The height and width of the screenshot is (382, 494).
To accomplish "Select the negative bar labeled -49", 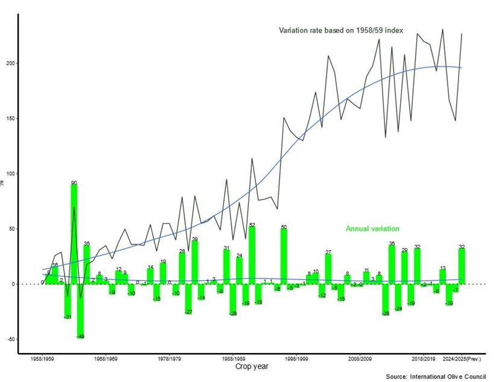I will [x=80, y=310].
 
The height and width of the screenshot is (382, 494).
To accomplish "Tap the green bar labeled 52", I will [x=252, y=255].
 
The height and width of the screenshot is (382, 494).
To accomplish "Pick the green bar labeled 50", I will [x=284, y=256].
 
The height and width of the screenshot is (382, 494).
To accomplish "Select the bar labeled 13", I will [x=443, y=277].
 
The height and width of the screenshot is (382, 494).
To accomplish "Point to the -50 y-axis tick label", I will [x=10, y=339].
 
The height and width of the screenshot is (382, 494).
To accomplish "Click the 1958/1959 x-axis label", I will [x=43, y=359].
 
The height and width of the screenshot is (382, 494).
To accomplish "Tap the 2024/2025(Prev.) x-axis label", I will [x=463, y=359].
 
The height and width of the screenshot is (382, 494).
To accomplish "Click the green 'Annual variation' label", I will [x=372, y=229].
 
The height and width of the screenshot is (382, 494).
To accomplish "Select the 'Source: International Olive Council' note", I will [x=436, y=377].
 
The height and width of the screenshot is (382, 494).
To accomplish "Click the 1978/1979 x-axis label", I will [x=169, y=359].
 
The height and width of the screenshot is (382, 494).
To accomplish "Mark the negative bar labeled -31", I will [x=67, y=301].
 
